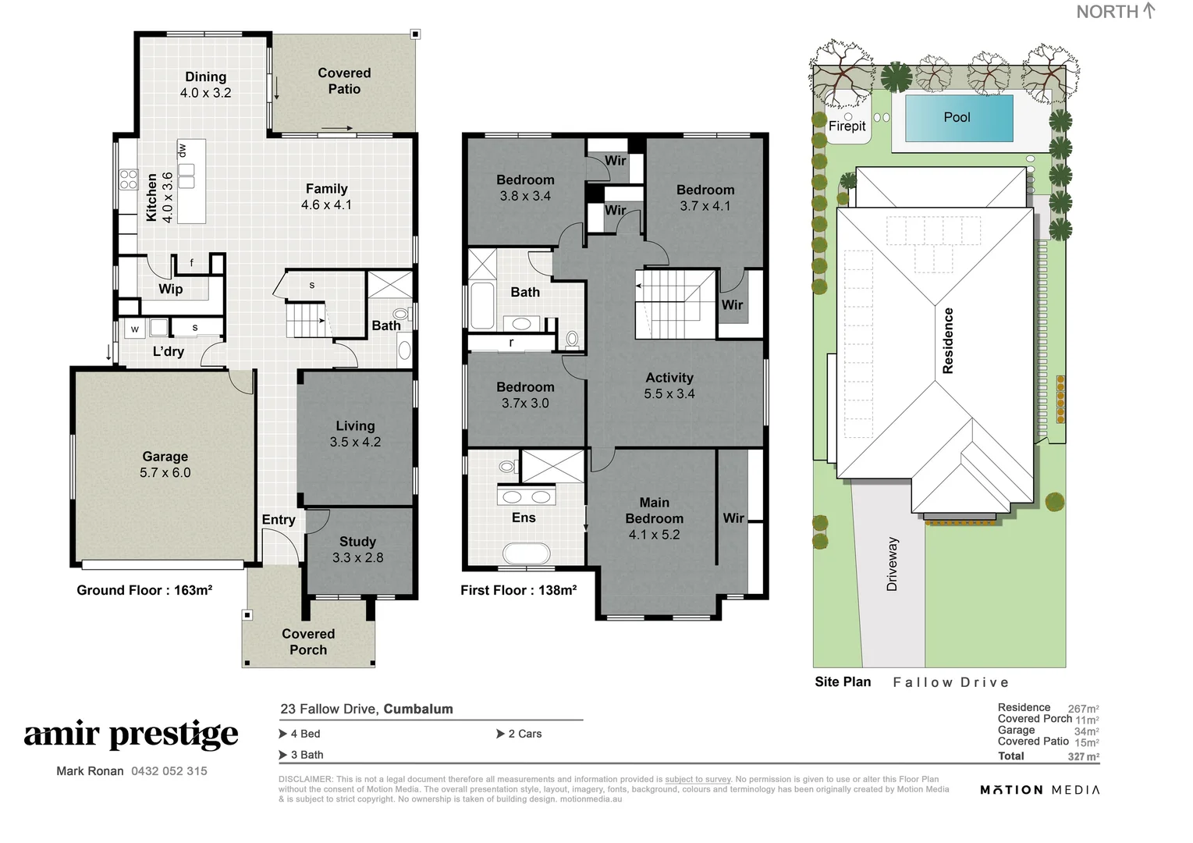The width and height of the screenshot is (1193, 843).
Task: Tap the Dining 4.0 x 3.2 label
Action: [205, 84]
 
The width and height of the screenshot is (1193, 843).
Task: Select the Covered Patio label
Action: [344, 80]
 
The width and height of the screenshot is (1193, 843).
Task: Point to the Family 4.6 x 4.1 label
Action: [326, 197]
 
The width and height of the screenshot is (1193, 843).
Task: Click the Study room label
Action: [357, 549]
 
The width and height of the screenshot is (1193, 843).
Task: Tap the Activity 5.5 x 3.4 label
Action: [669, 386]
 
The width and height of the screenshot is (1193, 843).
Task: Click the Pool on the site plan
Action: [957, 118]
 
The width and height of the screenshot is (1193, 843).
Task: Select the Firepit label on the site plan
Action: [847, 126]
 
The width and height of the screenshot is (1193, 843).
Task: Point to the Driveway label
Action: [893, 564]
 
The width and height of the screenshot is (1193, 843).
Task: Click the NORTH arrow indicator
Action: [1148, 11]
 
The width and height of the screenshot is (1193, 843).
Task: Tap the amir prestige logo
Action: [131, 735]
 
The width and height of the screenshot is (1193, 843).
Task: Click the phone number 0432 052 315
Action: [169, 771]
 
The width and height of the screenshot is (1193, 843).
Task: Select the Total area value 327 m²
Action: [1083, 756]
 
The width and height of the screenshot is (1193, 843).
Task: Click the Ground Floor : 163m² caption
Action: [144, 590]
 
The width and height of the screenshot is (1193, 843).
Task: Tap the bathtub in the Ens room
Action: [527, 553]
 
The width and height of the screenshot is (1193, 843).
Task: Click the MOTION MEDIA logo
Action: [1039, 790]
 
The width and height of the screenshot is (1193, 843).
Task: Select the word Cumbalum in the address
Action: [418, 709]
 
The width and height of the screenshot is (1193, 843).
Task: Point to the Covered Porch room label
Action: [308, 642]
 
